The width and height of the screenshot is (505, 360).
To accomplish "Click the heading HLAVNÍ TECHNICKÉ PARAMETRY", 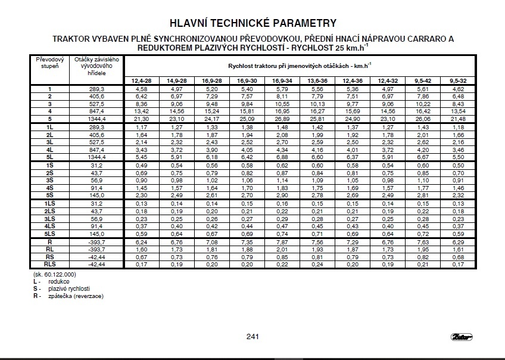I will tap(253, 24).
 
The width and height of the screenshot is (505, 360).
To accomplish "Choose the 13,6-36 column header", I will tap(317, 80).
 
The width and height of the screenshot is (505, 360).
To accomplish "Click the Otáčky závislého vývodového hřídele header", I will tap(95, 65).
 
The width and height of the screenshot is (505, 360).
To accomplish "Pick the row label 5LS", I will tap(50, 234).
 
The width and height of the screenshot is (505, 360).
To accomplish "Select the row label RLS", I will tap(50, 264).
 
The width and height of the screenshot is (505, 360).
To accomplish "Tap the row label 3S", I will tap(50, 180).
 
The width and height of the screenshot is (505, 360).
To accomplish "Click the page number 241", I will tap(252, 337).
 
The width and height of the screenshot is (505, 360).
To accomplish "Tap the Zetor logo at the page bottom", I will tap(462, 337).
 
